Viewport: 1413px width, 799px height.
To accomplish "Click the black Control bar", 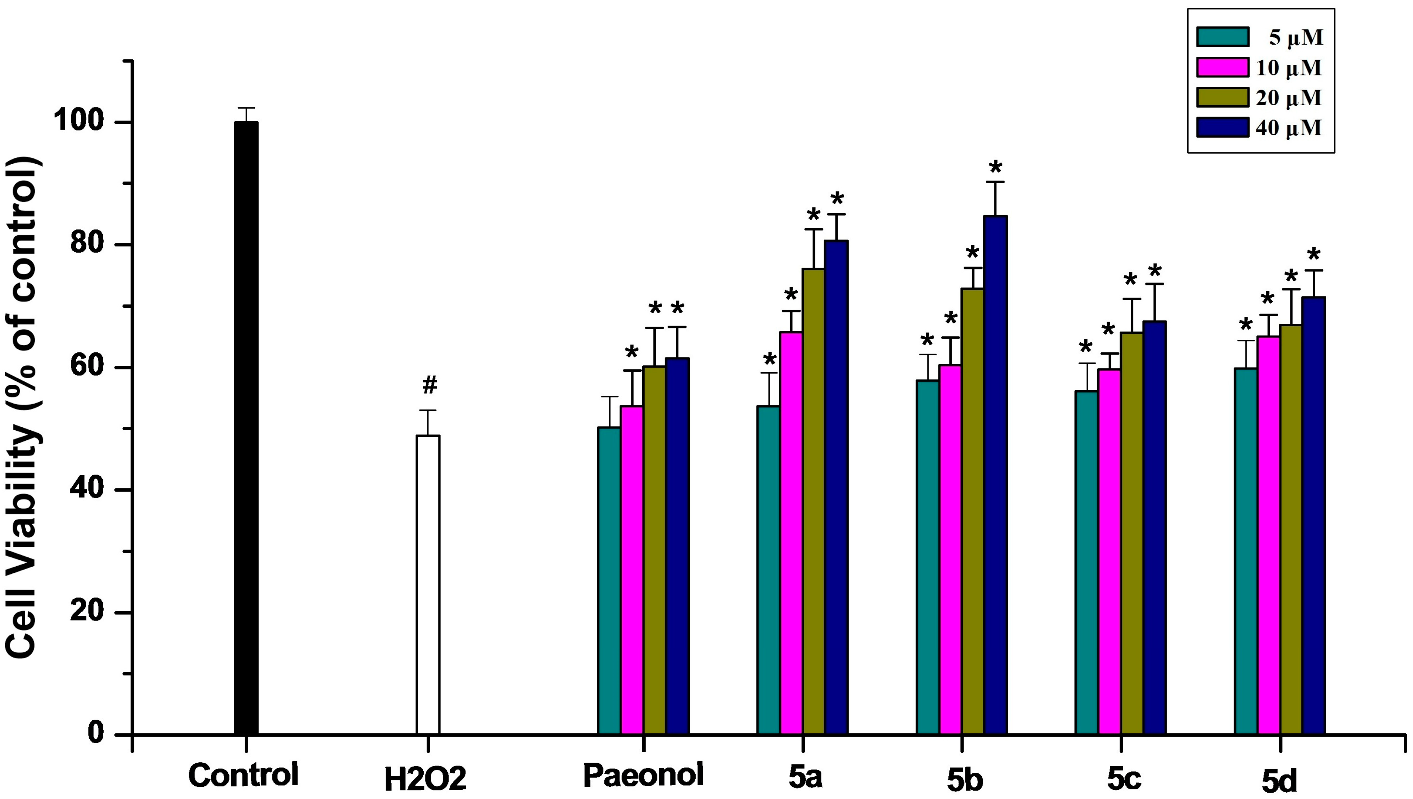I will click(246, 428).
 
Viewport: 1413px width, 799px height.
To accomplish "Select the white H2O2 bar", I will click(427, 584).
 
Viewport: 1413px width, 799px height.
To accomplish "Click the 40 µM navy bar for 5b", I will click(995, 475).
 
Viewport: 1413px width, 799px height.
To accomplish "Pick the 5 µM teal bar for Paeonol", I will click(609, 580).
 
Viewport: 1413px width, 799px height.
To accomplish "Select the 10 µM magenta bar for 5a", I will click(791, 532).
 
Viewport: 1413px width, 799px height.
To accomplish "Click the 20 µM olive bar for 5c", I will click(1131, 532).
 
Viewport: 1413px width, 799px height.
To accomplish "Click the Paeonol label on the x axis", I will click(643, 775).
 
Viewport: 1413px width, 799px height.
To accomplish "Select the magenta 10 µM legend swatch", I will click(1223, 67).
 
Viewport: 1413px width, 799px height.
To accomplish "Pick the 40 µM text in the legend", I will click(1288, 128).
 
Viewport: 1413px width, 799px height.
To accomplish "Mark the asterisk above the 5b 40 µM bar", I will click(995, 167).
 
